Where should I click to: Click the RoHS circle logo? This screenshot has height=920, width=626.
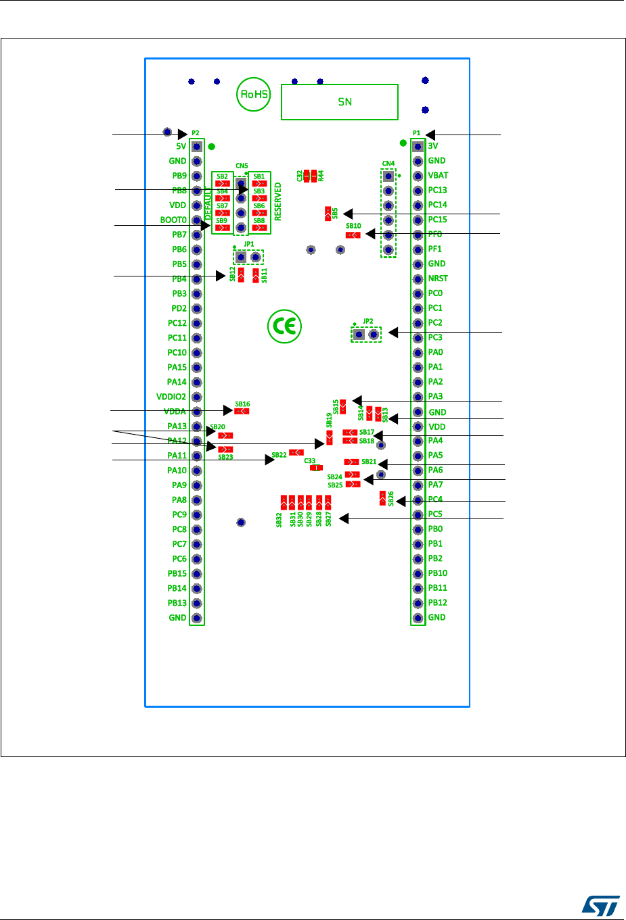(254, 95)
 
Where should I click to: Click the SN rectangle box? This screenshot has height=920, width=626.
(340, 102)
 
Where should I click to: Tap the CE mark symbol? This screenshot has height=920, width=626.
(284, 327)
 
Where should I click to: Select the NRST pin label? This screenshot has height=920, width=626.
(438, 279)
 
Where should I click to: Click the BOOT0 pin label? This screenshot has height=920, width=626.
(173, 220)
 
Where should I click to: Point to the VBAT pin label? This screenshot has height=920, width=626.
(438, 175)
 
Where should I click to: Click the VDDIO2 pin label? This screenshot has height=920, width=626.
(171, 397)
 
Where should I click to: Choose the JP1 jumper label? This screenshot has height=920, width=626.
(249, 244)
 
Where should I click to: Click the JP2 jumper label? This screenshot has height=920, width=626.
(367, 321)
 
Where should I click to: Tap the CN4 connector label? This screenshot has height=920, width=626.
(388, 164)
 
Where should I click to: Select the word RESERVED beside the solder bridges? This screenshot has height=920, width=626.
(278, 201)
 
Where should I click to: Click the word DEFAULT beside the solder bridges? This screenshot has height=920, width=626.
(208, 203)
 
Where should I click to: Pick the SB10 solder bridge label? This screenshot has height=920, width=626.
(353, 226)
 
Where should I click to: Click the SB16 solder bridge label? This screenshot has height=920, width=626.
(242, 404)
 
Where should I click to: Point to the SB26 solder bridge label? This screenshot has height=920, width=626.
(391, 498)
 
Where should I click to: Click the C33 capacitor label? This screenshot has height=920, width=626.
(310, 461)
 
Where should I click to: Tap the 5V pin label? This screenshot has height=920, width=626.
(181, 146)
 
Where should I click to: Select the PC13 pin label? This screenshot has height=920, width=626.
(437, 190)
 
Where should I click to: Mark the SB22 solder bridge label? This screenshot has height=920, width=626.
(279, 455)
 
